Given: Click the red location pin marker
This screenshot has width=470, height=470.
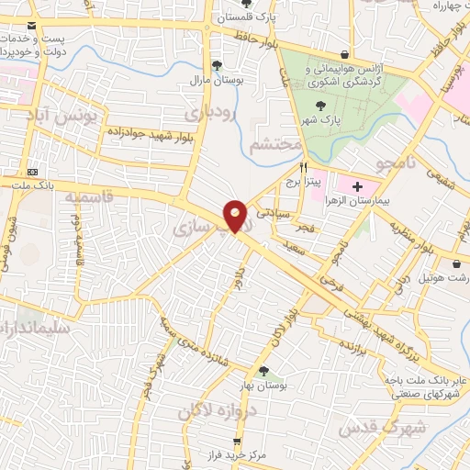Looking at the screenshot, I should (235, 215).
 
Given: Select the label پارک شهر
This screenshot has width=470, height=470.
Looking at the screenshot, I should (322, 119).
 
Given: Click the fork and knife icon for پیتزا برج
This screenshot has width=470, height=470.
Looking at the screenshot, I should (304, 168).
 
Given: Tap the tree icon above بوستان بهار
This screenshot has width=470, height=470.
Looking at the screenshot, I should (264, 371).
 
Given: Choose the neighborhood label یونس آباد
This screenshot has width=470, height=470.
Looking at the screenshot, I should (64, 117).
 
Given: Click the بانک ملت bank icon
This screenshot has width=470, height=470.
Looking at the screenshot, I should (33, 172).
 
